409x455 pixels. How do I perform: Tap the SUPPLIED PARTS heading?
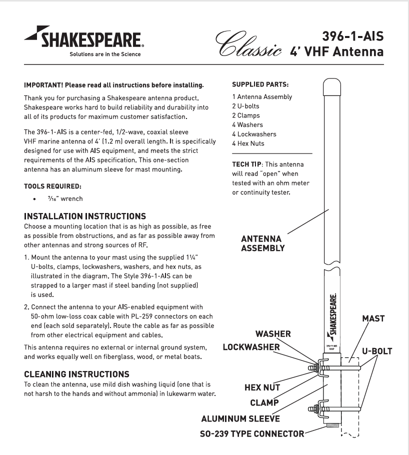(x=260, y=84)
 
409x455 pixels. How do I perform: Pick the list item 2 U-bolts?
(x=245, y=106)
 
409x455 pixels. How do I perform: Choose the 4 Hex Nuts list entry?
(x=248, y=143)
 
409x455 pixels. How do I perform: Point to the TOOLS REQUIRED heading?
(x=52, y=186)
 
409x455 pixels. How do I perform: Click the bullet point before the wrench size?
(x=34, y=199)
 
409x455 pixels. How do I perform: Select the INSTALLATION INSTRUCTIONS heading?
(x=85, y=216)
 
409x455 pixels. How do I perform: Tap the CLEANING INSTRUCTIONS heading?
(x=76, y=374)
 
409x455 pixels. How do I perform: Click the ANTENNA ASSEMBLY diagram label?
(x=262, y=243)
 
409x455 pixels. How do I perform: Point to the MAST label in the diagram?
(x=373, y=318)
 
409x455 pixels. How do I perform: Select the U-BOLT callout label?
(x=377, y=351)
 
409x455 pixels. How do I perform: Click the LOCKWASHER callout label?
(x=251, y=347)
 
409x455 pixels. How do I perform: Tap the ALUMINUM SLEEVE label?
(x=240, y=418)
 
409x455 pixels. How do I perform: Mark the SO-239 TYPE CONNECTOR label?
(x=248, y=433)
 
